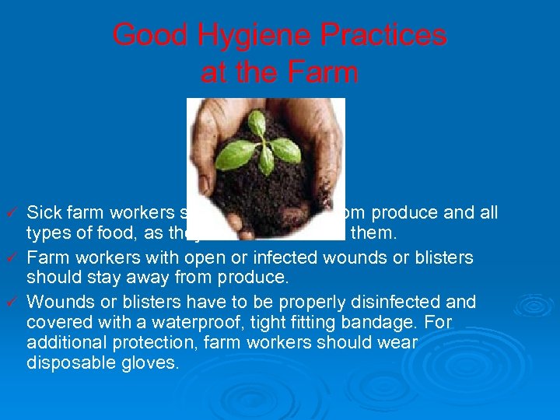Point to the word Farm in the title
[x=325, y=72]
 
